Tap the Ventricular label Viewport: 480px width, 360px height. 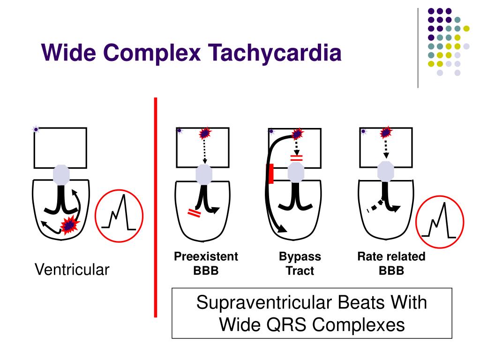(x=72, y=270)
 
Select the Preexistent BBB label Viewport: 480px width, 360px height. (x=206, y=263)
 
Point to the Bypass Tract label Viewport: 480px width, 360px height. (x=300, y=263)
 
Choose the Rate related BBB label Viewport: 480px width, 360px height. (x=391, y=263)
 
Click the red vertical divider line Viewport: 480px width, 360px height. (x=156, y=206)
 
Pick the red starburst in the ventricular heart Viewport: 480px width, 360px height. (x=70, y=225)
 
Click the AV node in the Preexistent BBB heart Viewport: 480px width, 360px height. (x=204, y=174)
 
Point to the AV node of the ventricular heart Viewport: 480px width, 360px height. (x=61, y=174)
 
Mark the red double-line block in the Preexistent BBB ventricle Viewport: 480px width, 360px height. (x=194, y=214)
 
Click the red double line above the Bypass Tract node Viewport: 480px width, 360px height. (x=297, y=158)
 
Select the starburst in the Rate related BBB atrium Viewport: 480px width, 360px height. (x=386, y=132)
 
